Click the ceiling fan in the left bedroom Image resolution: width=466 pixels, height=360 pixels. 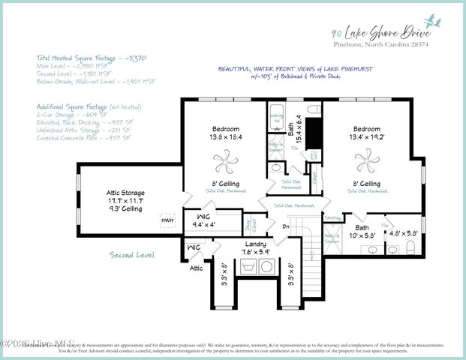pyautogui.click(x=225, y=159)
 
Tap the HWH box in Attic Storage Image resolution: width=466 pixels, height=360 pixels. pyautogui.click(x=167, y=220)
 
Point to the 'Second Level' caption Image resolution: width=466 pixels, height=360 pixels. pyautogui.click(x=131, y=255)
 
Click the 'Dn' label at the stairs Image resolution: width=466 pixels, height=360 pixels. pyautogui.click(x=285, y=226)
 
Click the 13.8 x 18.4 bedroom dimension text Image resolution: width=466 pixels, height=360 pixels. pyautogui.click(x=225, y=137)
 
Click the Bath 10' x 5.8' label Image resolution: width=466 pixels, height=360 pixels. pyautogui.click(x=362, y=231)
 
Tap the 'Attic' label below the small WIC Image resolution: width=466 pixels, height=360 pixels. pyautogui.click(x=196, y=267)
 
